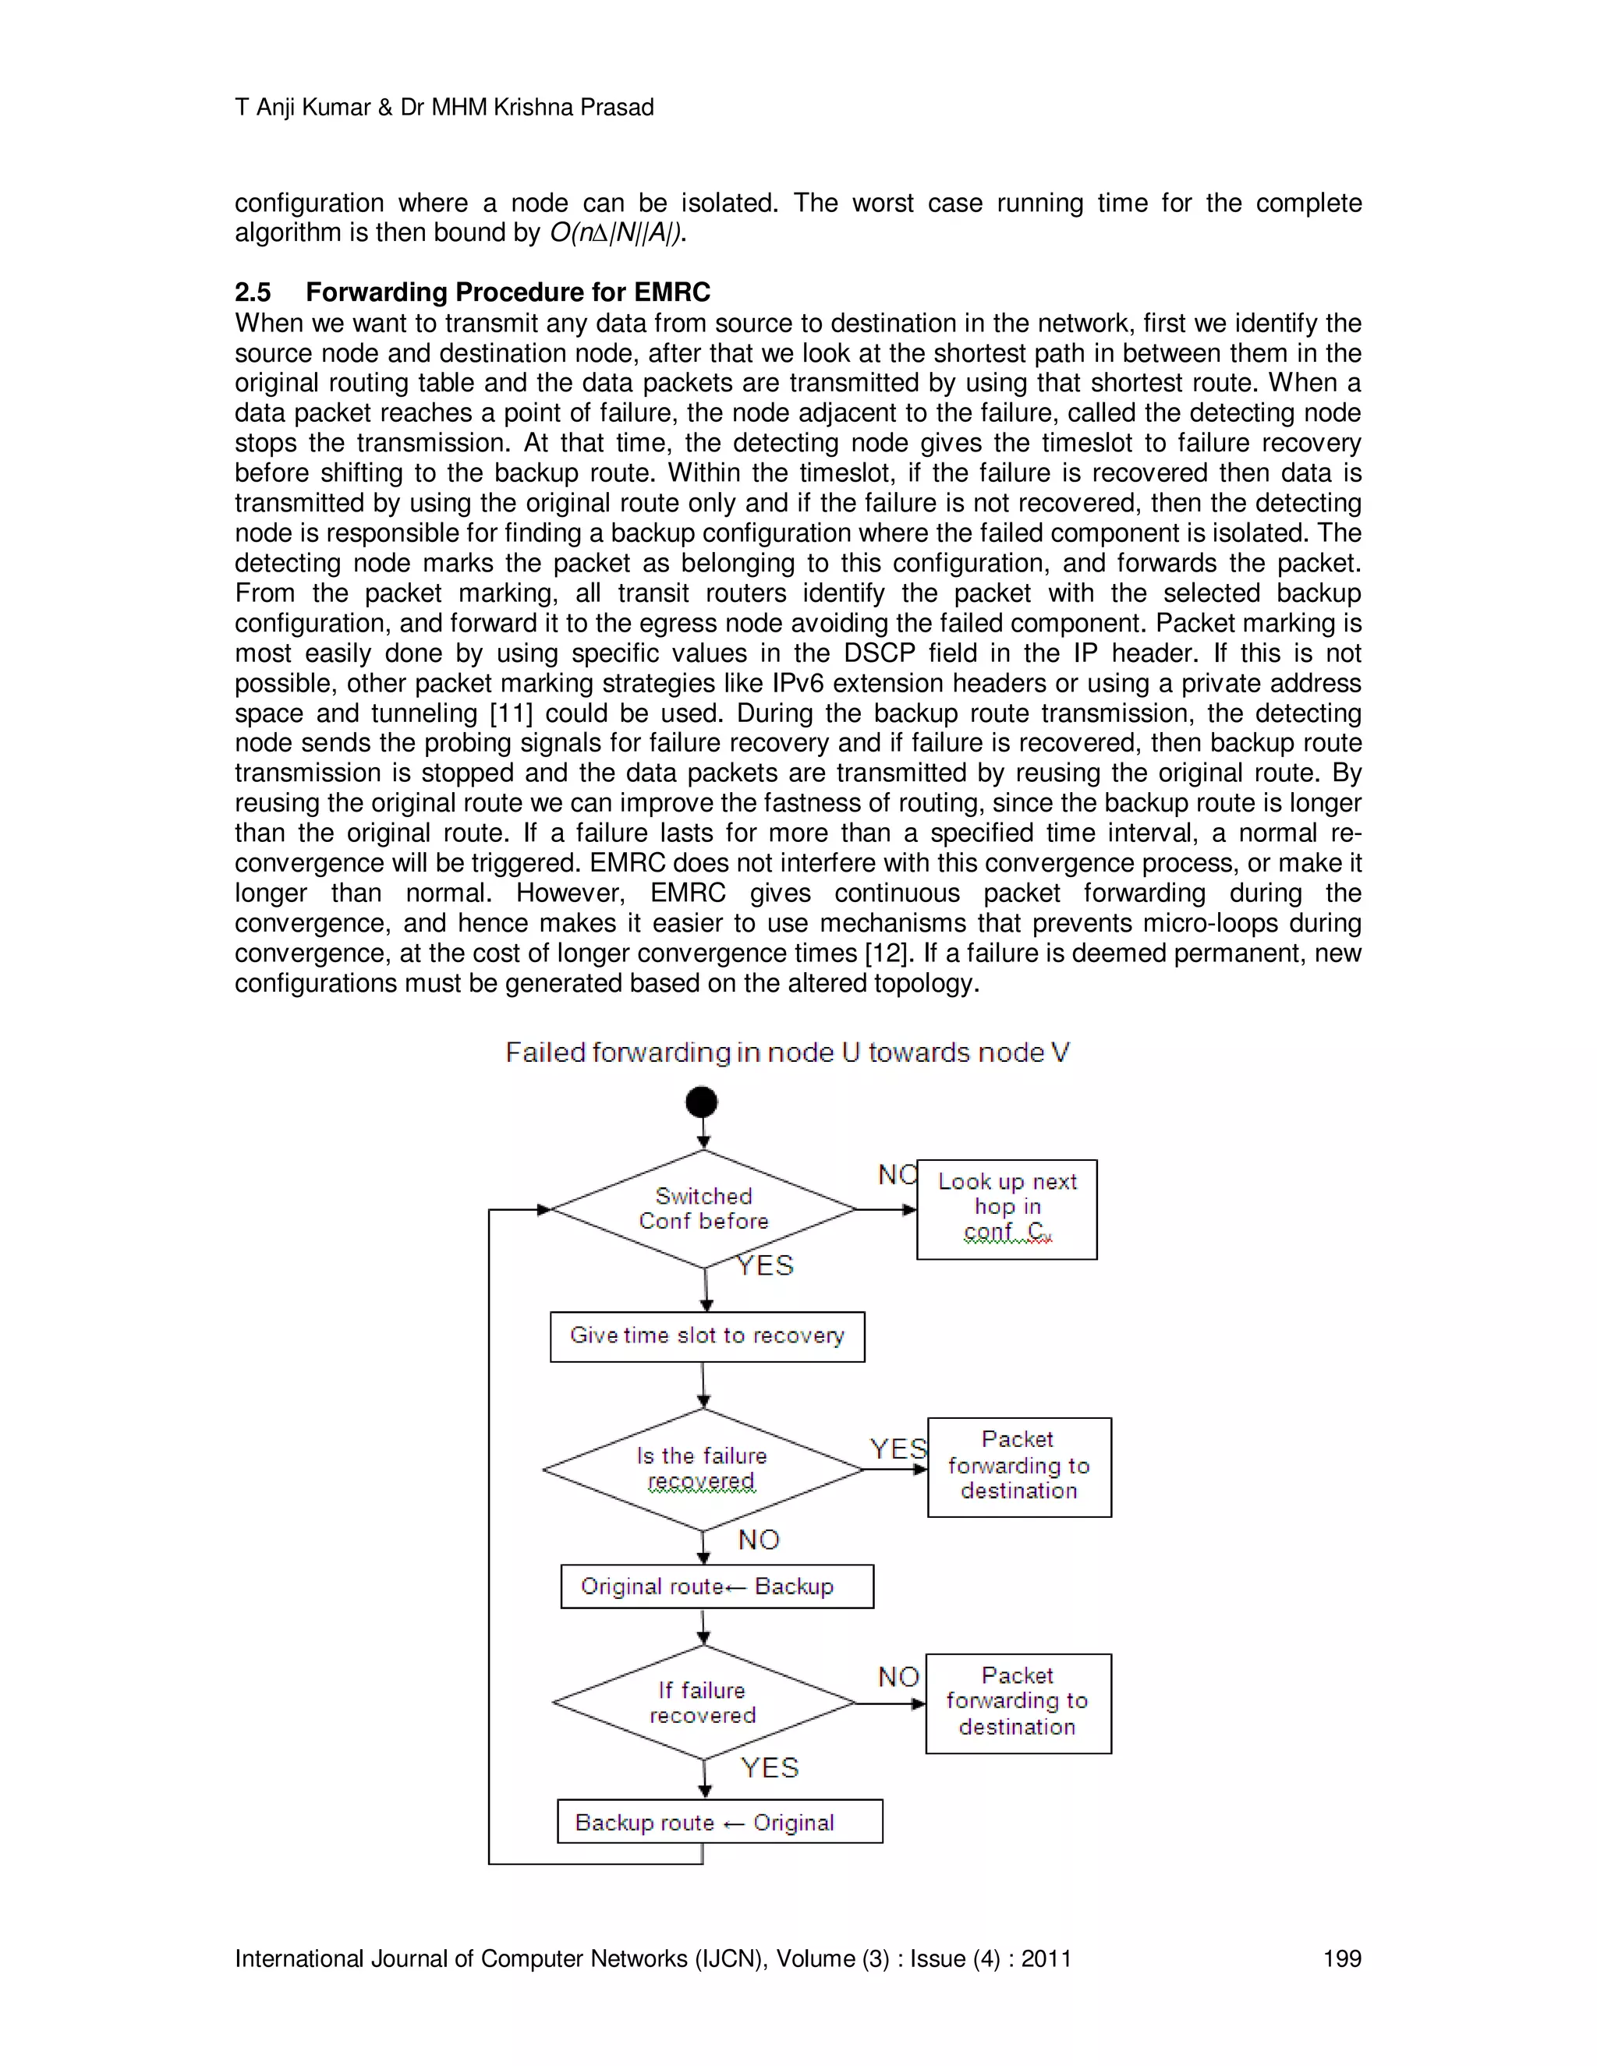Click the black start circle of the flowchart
702,1102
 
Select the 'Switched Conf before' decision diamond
703,1209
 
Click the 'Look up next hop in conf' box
1007,1209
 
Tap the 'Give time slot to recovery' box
706,1335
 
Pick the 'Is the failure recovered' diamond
702,1469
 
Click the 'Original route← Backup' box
716,1587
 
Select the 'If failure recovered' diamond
703,1703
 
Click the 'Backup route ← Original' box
719,1822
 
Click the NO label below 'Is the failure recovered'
759,1540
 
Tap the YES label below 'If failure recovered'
769,1768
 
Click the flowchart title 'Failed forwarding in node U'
787,1052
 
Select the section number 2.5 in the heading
253,292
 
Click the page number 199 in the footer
1341,1959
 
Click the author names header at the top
444,108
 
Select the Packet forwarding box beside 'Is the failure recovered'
1019,1466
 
